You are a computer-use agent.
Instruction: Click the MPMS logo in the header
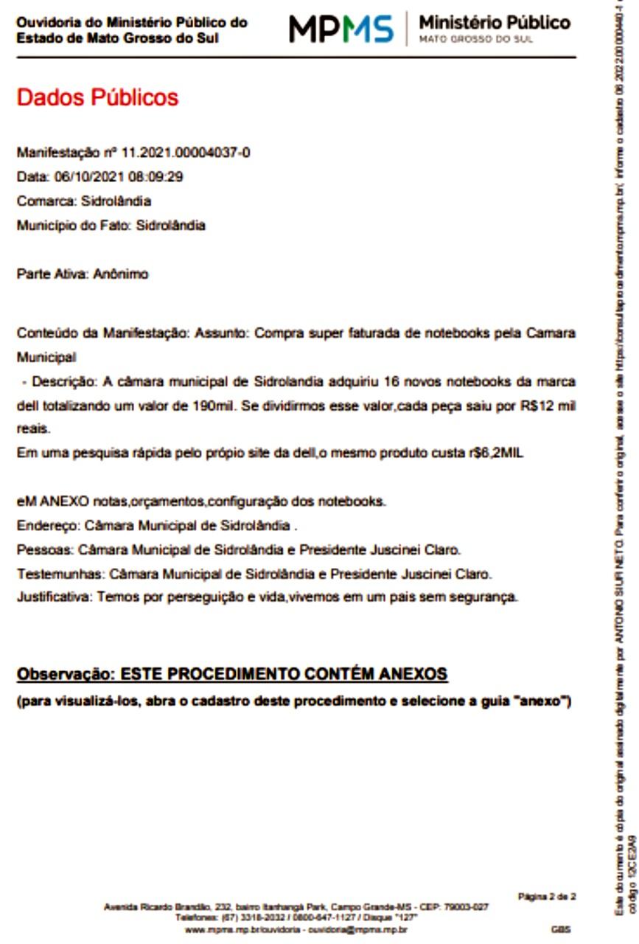coord(341,29)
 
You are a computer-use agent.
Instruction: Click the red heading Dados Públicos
coord(97,97)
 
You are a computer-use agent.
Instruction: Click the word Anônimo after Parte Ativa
coord(120,274)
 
